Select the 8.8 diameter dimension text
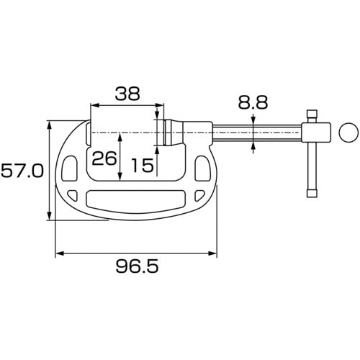253,102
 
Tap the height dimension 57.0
22,172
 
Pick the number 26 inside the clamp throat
105,158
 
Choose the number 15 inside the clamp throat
143,166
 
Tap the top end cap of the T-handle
312,114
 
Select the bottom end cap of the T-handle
312,192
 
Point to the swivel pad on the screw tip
166,133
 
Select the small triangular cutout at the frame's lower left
73,195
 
